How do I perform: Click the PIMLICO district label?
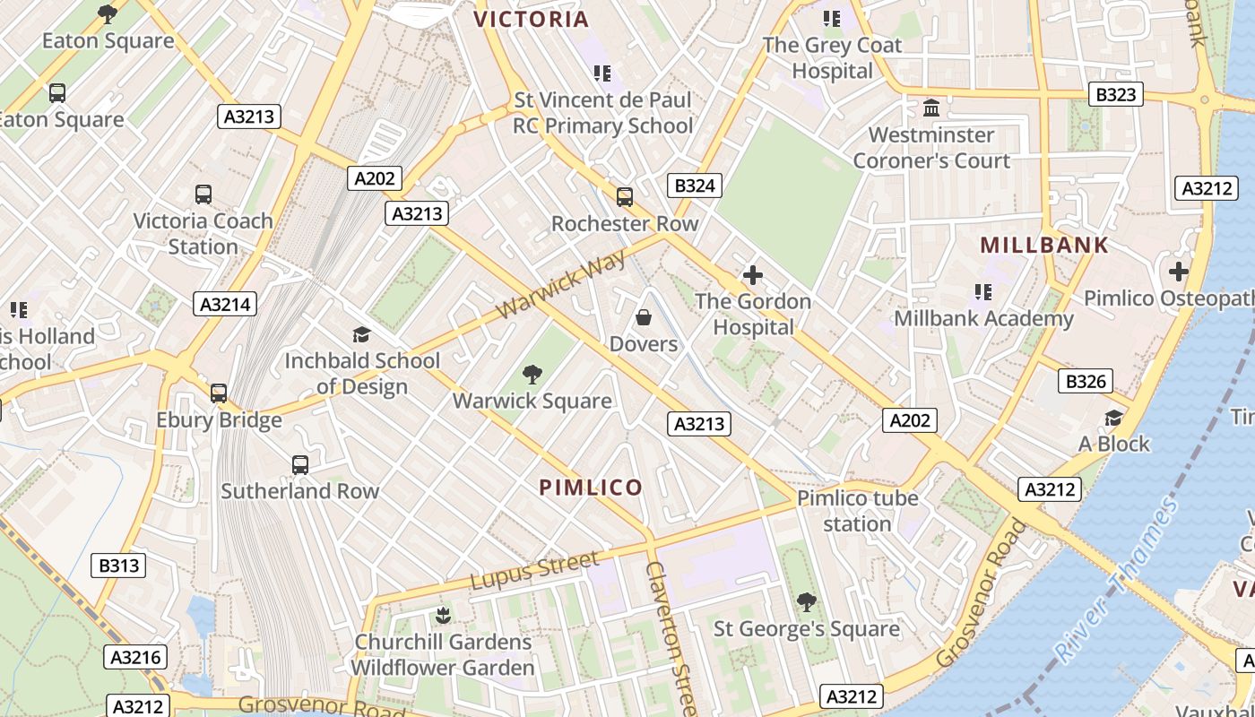[x=591, y=488]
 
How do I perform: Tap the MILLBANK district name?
[x=1044, y=245]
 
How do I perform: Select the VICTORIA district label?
[x=531, y=19]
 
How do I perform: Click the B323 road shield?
[x=1115, y=94]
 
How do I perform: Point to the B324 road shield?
[x=695, y=186]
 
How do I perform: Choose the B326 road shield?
[x=1085, y=381]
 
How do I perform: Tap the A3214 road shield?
[x=225, y=304]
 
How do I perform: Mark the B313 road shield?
[x=118, y=566]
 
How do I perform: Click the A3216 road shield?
[x=135, y=657]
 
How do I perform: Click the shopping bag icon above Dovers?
[x=643, y=317]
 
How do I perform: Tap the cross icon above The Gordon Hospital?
[x=753, y=275]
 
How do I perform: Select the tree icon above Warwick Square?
[x=532, y=374]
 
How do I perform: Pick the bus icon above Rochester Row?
[x=624, y=197]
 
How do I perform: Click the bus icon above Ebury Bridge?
[x=219, y=393]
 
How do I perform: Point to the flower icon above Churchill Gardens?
[x=442, y=615]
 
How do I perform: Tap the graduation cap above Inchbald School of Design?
[x=361, y=334]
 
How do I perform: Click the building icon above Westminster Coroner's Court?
[x=931, y=108]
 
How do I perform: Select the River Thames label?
[x=1116, y=582]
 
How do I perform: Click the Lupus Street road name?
[x=534, y=571]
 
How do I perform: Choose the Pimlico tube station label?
[x=857, y=511]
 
